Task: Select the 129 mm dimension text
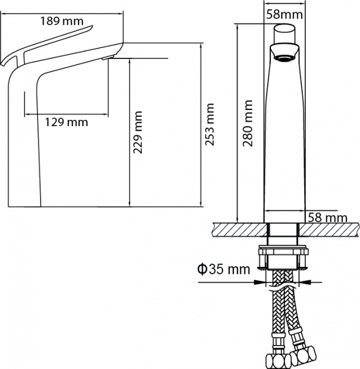(66, 122)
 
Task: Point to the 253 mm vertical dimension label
(211, 122)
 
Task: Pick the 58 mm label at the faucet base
(326, 217)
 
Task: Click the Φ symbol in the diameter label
(201, 269)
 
